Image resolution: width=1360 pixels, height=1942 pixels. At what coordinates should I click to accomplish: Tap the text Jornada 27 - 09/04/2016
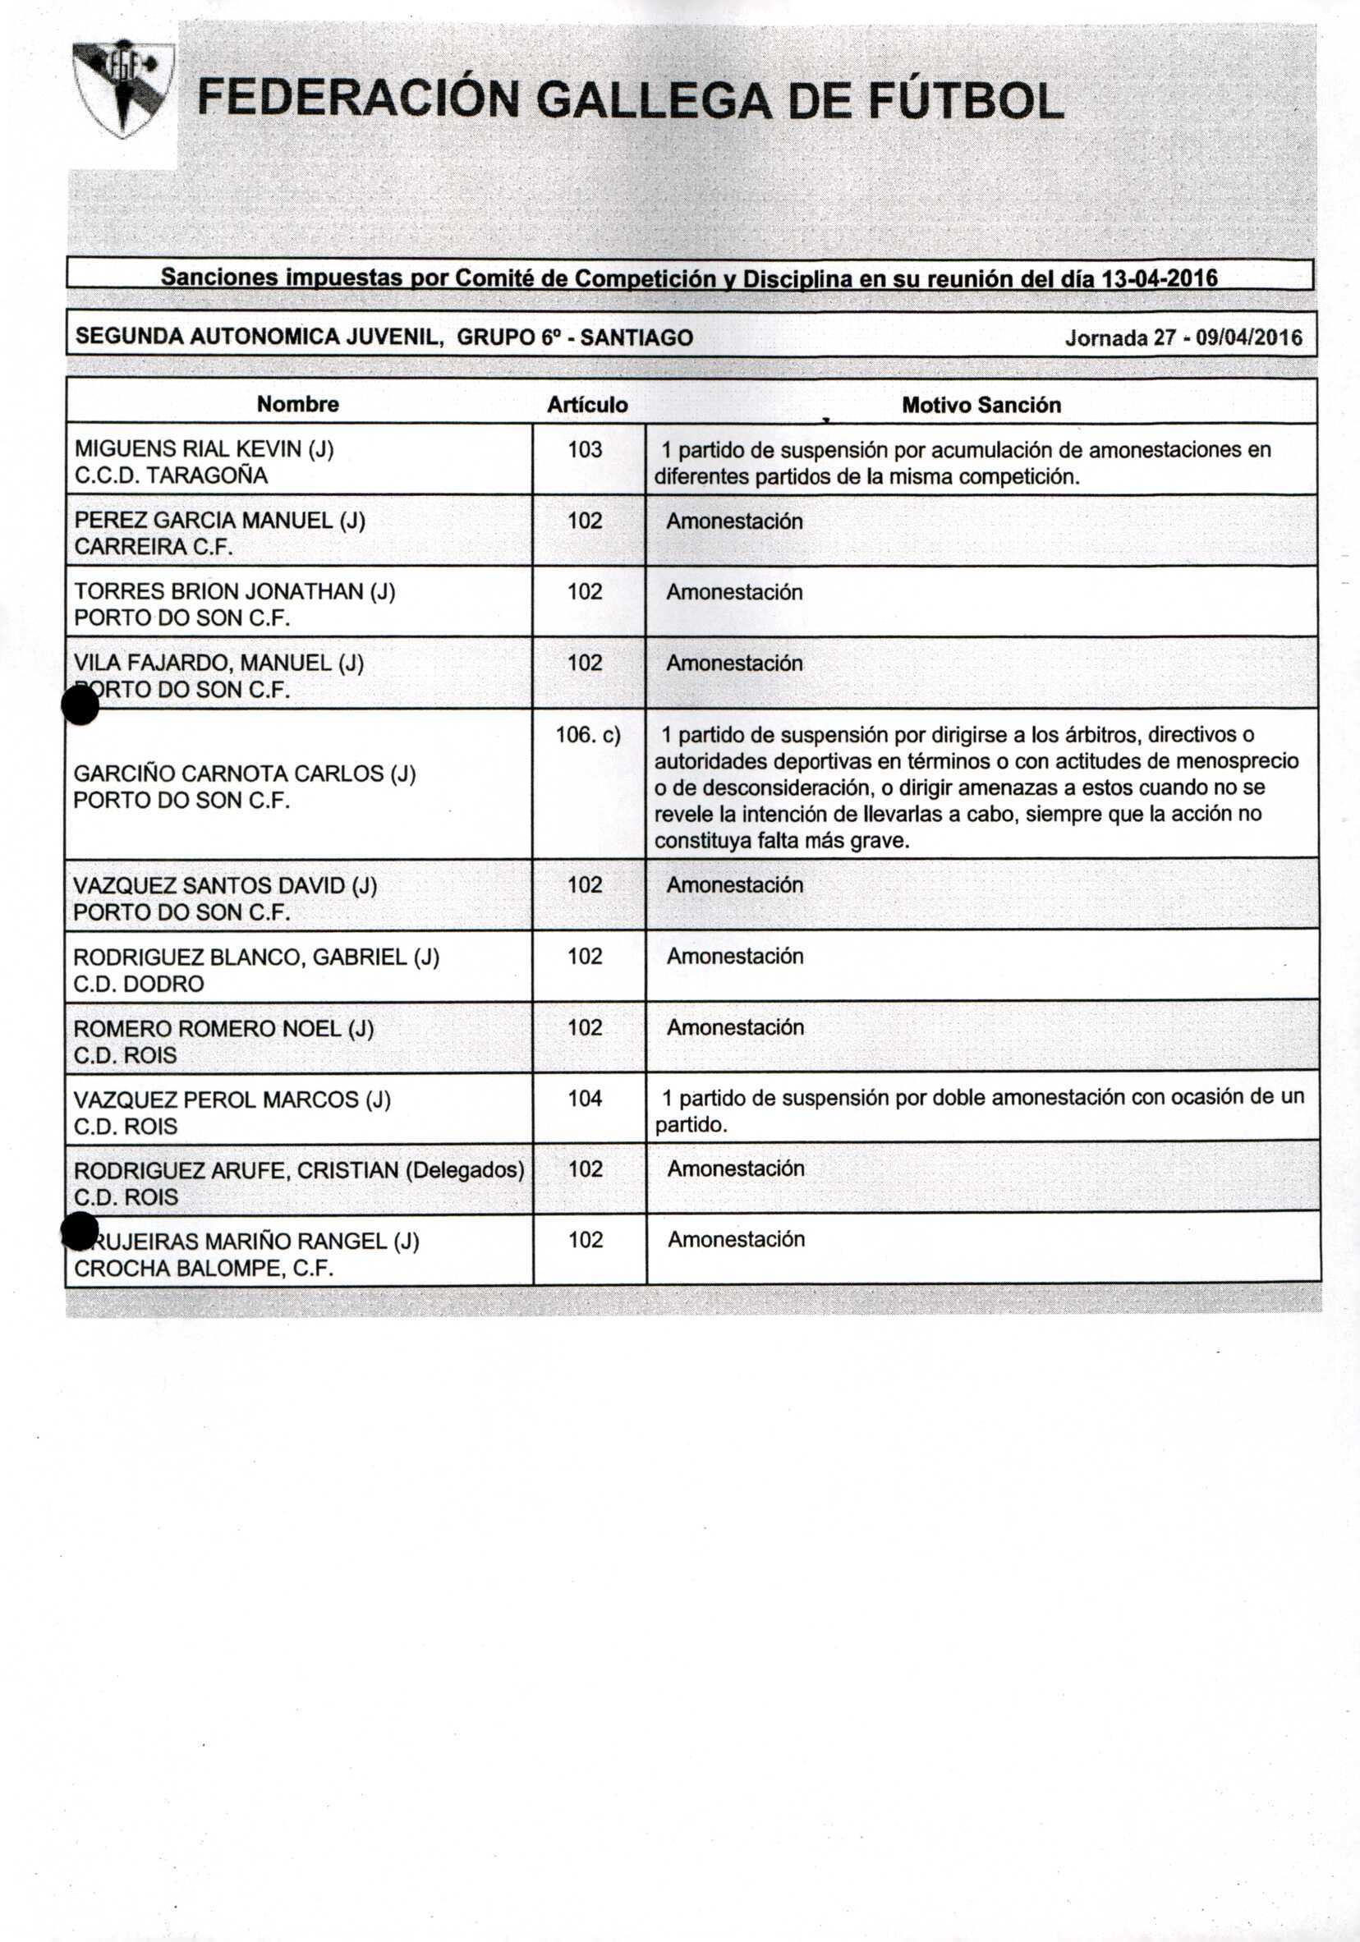coord(1183,338)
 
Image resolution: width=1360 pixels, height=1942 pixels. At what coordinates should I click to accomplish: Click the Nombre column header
coord(298,404)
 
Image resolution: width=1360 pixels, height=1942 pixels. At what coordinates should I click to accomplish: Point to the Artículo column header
coord(587,405)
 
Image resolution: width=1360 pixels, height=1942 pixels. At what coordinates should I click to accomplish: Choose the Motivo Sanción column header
coord(981,405)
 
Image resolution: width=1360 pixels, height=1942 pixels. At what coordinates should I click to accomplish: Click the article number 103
coord(585,449)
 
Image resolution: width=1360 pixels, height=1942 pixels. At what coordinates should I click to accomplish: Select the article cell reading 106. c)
coord(588,735)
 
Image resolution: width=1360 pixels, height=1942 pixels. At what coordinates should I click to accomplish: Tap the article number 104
coord(585,1099)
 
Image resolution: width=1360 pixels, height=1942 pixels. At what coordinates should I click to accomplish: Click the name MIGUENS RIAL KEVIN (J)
coord(204,449)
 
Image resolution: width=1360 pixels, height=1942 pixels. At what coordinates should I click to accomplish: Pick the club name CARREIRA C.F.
coord(154,547)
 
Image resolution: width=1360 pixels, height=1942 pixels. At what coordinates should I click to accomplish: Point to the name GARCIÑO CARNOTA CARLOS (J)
coord(245,774)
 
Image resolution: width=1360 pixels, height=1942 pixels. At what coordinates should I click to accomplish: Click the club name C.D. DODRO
coord(139,984)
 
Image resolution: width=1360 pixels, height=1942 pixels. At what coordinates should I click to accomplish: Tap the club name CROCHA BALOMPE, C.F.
coord(204,1268)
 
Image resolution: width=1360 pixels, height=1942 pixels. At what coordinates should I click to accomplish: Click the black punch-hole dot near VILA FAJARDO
coord(80,705)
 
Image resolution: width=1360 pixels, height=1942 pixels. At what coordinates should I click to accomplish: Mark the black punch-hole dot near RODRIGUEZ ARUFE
coord(80,1230)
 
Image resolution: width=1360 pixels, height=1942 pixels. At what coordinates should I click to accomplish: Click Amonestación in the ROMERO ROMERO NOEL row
coord(735,1028)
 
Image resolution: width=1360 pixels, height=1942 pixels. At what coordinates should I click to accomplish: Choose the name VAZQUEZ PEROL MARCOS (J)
coord(232,1100)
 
